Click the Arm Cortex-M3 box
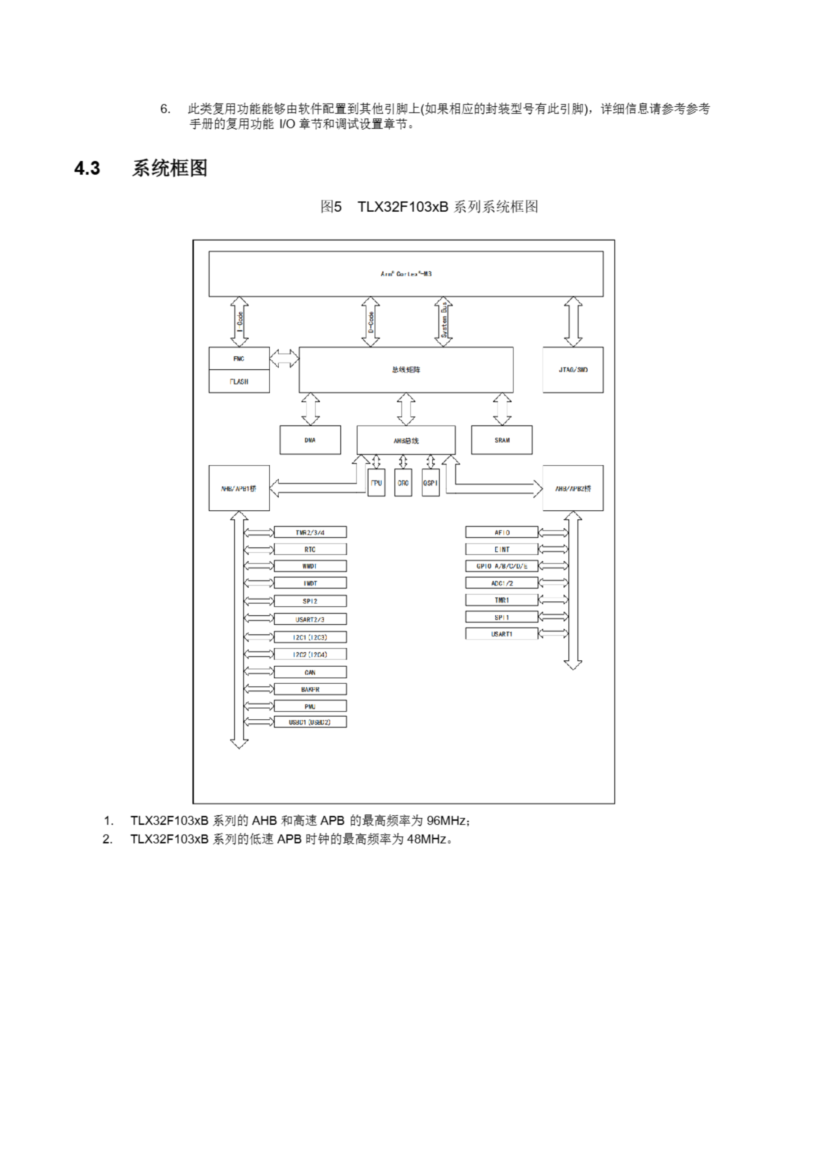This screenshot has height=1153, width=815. coord(406,274)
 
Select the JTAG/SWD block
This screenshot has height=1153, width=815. coord(573,370)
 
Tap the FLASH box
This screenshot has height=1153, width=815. coord(239,381)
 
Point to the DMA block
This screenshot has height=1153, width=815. coord(310,440)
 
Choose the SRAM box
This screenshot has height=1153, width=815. coord(502,440)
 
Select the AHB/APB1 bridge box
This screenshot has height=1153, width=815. coord(239,488)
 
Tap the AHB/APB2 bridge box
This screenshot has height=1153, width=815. coord(573,488)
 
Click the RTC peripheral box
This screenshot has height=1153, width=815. coord(310,549)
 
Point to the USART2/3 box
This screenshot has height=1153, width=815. coord(310,619)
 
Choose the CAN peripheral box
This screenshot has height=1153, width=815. coord(310,672)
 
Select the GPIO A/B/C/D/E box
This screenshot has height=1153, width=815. coord(502,566)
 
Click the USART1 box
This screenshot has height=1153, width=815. coord(502,634)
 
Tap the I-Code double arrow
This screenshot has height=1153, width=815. coord(240,322)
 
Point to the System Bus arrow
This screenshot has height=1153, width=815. coord(444,322)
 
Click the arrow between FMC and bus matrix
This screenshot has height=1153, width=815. coord(284,358)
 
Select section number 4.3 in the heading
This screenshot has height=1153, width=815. coord(87,168)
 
